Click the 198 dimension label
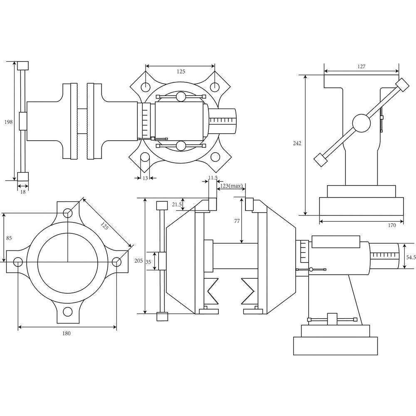point(8,122)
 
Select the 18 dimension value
point(22,192)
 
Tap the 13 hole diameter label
point(145,178)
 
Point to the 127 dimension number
point(361,66)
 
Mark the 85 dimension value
point(9,238)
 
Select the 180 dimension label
point(67,333)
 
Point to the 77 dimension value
point(237,221)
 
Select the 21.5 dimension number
point(177,205)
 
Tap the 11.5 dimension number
point(213,178)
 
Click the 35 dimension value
point(148,262)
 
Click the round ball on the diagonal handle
point(361,123)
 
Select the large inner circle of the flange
point(68,262)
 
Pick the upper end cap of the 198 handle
point(22,65)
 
